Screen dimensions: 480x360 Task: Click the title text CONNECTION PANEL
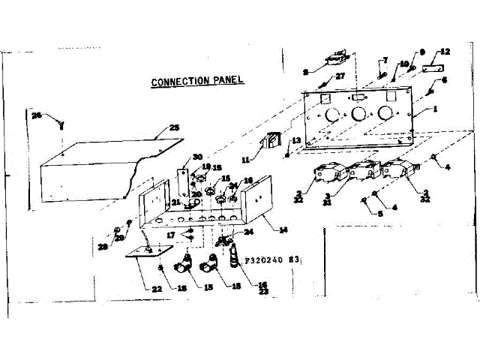point(198,81)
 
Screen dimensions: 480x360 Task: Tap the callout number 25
point(174,128)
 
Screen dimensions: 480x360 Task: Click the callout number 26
point(36,115)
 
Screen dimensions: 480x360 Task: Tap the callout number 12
point(445,52)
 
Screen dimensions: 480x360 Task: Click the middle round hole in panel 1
point(358,114)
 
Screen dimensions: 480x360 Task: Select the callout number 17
point(172,235)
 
